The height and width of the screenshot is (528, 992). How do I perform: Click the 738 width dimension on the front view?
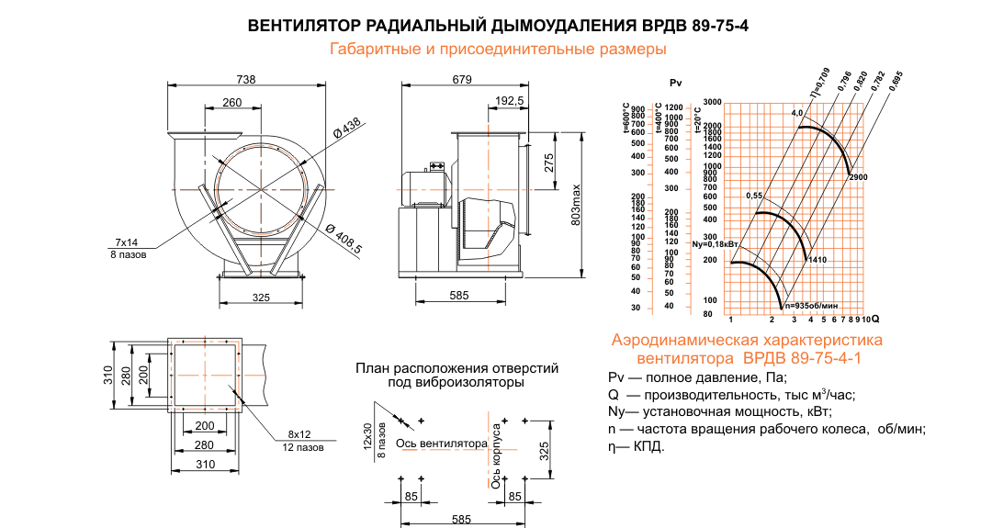click(246, 79)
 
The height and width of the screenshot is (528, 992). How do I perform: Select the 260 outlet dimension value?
click(231, 102)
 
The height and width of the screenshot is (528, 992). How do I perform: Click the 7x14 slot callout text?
click(126, 242)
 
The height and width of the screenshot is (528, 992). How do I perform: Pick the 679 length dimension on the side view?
click(462, 80)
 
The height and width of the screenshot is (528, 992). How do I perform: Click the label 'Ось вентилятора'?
click(441, 444)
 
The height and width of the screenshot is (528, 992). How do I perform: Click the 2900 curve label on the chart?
click(858, 176)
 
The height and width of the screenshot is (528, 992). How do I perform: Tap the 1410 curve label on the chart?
click(817, 261)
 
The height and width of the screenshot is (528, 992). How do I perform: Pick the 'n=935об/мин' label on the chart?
click(811, 305)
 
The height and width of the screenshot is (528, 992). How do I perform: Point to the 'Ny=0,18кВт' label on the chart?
click(716, 245)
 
